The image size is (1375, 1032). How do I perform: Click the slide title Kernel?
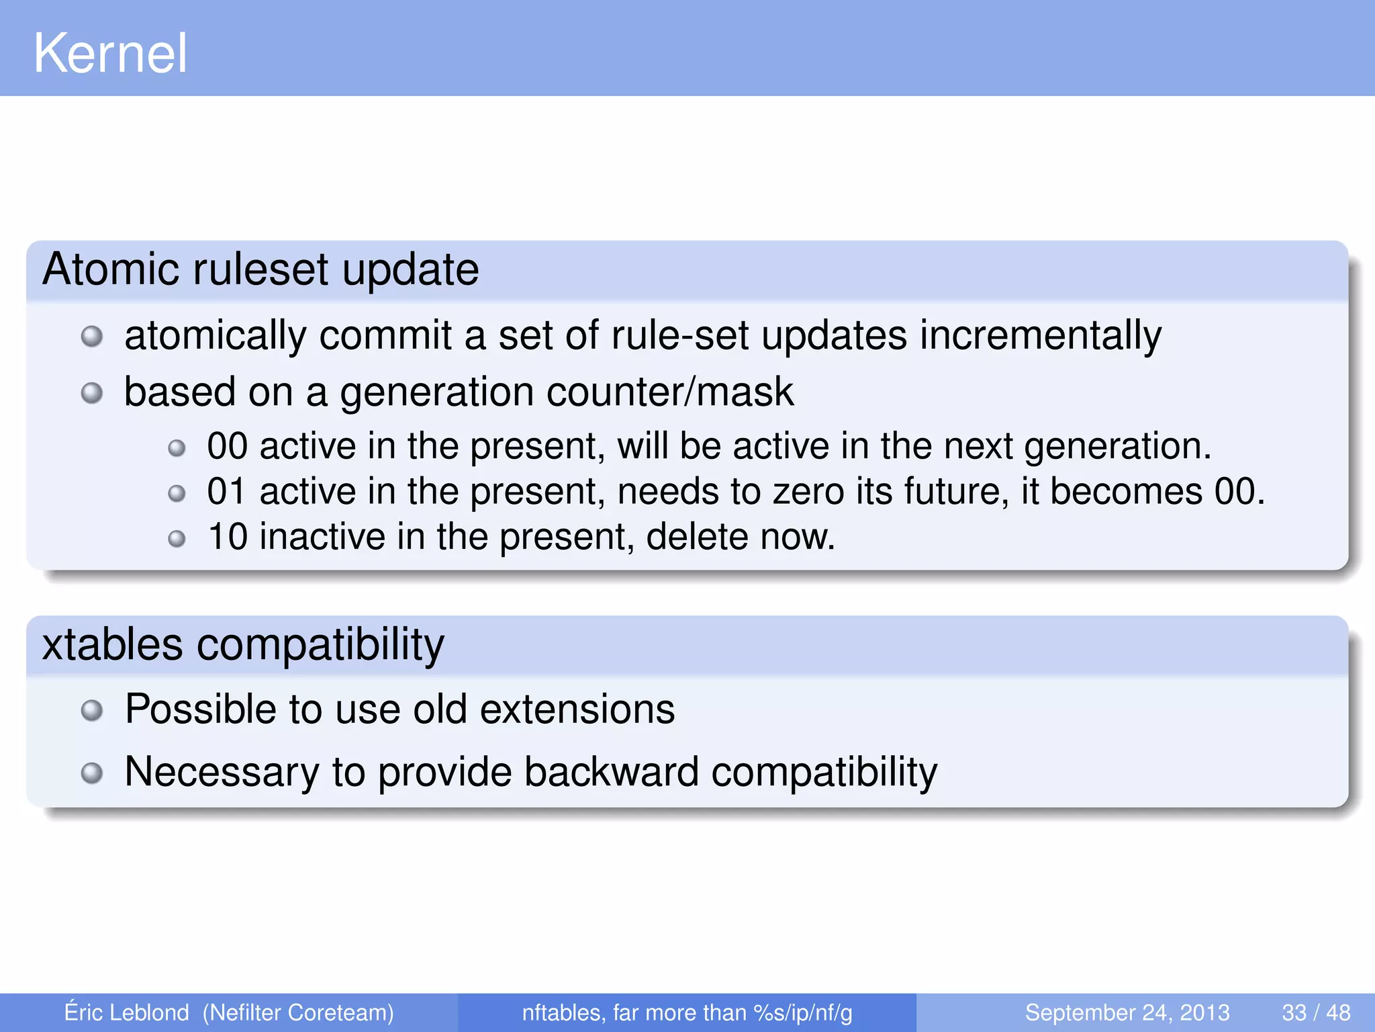(110, 54)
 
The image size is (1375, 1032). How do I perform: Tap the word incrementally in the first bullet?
(1040, 335)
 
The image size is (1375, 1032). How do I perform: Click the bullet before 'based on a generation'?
(91, 393)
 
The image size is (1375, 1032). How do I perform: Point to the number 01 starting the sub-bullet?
(227, 491)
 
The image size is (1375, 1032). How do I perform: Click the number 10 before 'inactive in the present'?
(227, 537)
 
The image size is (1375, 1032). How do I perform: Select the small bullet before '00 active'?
(177, 448)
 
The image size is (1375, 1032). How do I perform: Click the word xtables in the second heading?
(111, 644)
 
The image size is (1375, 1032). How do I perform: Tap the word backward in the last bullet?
(611, 771)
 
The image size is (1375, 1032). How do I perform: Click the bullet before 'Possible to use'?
(91, 710)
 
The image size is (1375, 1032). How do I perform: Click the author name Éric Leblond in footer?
(126, 1013)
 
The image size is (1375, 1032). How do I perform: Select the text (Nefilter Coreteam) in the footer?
(298, 1013)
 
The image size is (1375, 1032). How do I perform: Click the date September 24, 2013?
(1127, 1013)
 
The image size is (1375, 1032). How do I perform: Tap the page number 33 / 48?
(1316, 1013)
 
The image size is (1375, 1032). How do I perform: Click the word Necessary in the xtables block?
(222, 771)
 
